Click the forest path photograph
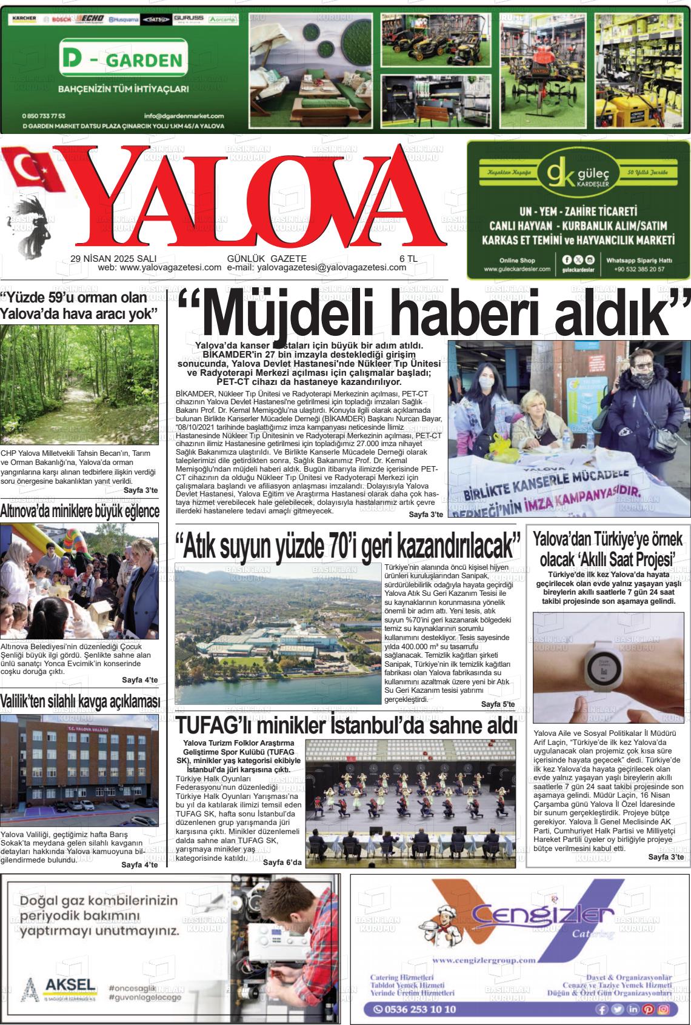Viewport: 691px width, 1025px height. click(x=79, y=385)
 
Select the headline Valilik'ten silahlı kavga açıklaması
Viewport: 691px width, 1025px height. click(x=79, y=701)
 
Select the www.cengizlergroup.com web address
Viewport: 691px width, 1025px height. click(x=485, y=960)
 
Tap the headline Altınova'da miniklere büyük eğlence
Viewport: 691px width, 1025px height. click(x=79, y=510)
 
